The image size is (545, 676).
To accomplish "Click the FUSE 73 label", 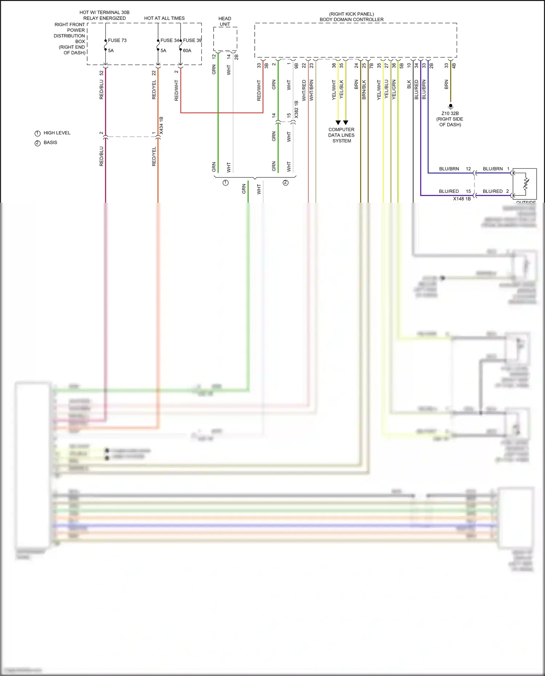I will coord(117,40).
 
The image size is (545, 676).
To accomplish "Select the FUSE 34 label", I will coord(169,40).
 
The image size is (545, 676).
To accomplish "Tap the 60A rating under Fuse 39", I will coord(187,50).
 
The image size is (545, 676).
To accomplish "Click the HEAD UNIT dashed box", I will coord(225,39).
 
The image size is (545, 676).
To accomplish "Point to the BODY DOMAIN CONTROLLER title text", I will coord(351,20).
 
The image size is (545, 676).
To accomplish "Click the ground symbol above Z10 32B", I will coord(451,107).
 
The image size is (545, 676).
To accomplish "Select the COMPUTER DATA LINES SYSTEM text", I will coord(342,135).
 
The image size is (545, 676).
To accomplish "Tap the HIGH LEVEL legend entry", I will coord(57,133).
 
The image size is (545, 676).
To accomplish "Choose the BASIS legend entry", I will coord(50,142).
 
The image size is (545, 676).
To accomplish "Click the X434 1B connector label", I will coord(161,126).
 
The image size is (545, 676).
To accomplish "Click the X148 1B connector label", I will coord(462,199).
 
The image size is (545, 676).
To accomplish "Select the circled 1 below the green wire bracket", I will coord(226,183).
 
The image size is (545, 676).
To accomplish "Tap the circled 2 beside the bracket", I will coord(286,183).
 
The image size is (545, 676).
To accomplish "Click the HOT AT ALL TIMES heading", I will coord(164,18).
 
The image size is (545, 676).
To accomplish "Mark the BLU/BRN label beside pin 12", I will coord(449,169).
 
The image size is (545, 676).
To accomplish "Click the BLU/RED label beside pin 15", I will coord(449,191).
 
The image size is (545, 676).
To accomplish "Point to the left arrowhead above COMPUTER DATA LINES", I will coord(338,123).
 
